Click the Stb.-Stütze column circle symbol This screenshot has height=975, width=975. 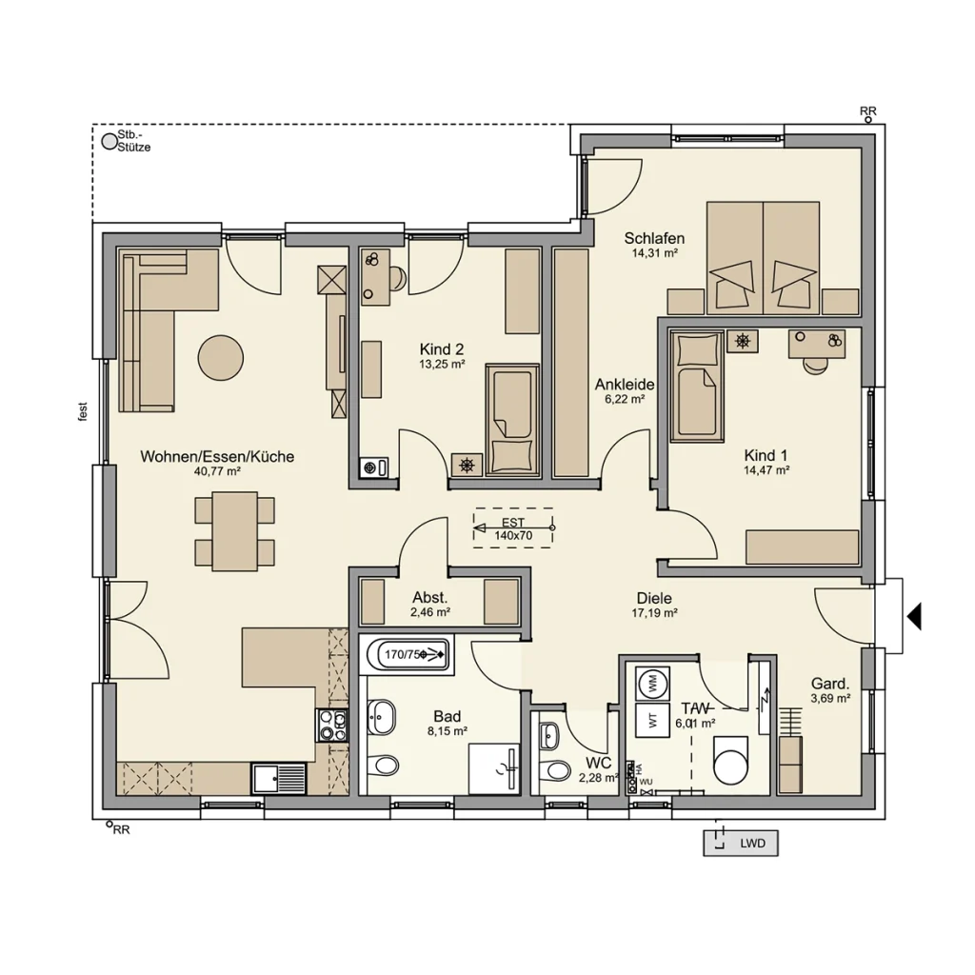pyautogui.click(x=109, y=142)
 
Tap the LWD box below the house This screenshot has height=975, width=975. pyautogui.click(x=741, y=843)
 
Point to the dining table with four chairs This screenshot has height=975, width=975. pyautogui.click(x=234, y=530)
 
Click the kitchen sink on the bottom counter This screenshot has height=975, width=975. pyautogui.click(x=280, y=778)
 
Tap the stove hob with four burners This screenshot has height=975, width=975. pyautogui.click(x=331, y=726)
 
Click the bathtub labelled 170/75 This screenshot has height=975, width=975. pyautogui.click(x=408, y=654)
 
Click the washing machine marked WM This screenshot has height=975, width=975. pyautogui.click(x=652, y=682)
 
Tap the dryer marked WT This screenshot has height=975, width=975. pyautogui.click(x=652, y=719)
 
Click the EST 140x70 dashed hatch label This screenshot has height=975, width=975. pyautogui.click(x=513, y=529)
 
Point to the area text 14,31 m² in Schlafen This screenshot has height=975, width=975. pyautogui.click(x=654, y=254)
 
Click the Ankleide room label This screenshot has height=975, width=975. pyautogui.click(x=624, y=384)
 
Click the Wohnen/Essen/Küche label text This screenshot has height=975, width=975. pyautogui.click(x=217, y=457)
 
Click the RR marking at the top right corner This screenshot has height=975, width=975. pyautogui.click(x=867, y=112)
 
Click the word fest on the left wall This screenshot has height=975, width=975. pyautogui.click(x=84, y=410)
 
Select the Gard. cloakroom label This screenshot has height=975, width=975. pyautogui.click(x=829, y=684)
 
